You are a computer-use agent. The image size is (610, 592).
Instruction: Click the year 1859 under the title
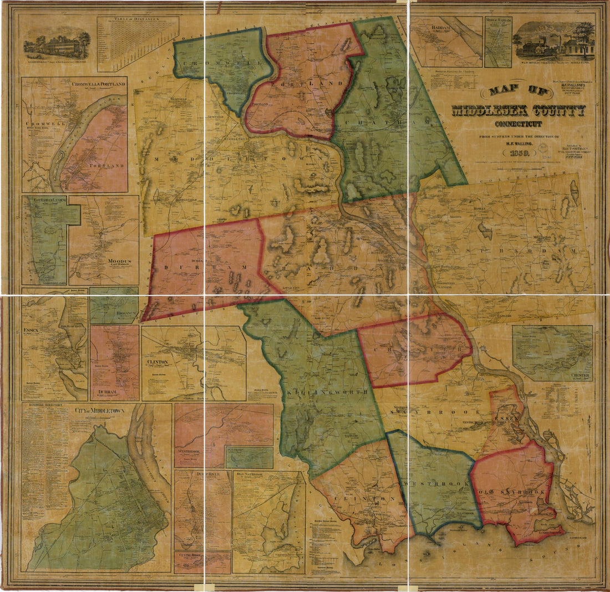517,153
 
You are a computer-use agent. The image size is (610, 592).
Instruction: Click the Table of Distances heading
138,19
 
